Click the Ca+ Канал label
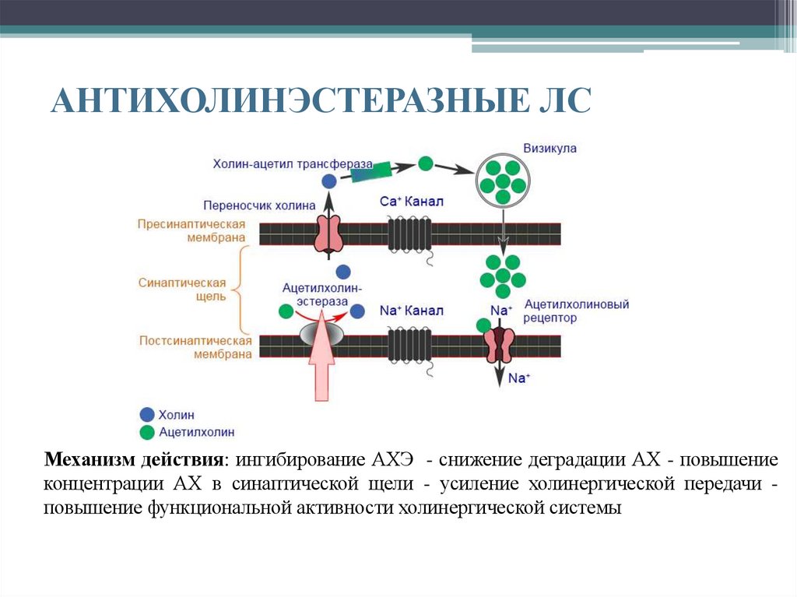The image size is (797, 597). click(x=412, y=202)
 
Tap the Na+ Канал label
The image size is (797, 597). click(x=412, y=311)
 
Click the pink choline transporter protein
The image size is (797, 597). click(x=329, y=234)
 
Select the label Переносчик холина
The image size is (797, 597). click(x=259, y=205)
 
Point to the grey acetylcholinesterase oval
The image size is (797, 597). click(x=321, y=335)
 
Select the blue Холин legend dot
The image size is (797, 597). click(x=146, y=415)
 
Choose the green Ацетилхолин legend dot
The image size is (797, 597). click(x=146, y=431)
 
